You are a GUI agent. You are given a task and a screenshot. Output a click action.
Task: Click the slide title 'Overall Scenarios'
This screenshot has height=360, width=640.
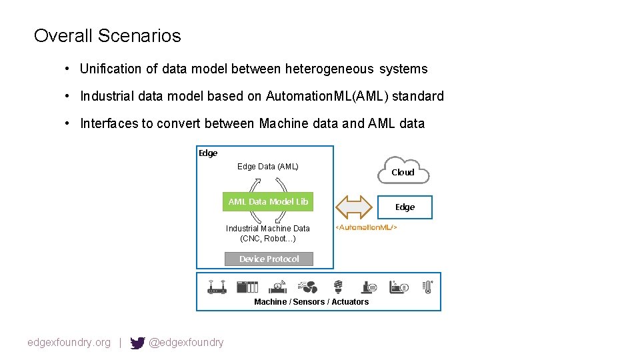click(107, 35)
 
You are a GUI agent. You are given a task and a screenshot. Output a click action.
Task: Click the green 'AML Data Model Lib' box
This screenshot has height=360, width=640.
click(268, 201)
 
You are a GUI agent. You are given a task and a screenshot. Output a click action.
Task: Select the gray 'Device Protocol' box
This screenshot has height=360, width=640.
click(269, 259)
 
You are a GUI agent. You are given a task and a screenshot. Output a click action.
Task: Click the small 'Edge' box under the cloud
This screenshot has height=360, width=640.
click(405, 207)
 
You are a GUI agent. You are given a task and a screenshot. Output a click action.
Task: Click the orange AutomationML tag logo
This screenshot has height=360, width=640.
click(365, 228)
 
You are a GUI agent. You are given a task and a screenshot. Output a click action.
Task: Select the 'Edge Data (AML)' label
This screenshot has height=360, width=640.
click(268, 167)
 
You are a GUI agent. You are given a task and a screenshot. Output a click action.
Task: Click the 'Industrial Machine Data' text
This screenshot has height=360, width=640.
click(268, 229)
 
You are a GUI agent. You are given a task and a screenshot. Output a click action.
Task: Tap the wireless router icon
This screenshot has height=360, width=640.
click(217, 287)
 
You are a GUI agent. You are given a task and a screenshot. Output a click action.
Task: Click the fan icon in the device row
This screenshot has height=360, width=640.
click(308, 287)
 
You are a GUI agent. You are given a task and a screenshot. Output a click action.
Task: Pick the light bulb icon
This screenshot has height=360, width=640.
click(337, 287)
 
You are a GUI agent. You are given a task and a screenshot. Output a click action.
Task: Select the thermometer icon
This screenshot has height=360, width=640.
click(427, 287)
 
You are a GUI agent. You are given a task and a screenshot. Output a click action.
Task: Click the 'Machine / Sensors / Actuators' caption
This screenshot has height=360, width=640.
click(311, 302)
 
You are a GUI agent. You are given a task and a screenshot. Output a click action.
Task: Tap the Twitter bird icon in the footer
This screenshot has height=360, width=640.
click(137, 343)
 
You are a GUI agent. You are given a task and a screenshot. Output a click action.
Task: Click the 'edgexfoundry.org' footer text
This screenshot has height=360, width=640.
click(69, 343)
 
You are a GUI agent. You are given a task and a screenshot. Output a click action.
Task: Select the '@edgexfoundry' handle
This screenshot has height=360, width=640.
click(186, 343)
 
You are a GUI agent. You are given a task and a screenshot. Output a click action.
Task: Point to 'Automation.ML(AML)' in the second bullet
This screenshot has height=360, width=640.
click(327, 96)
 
